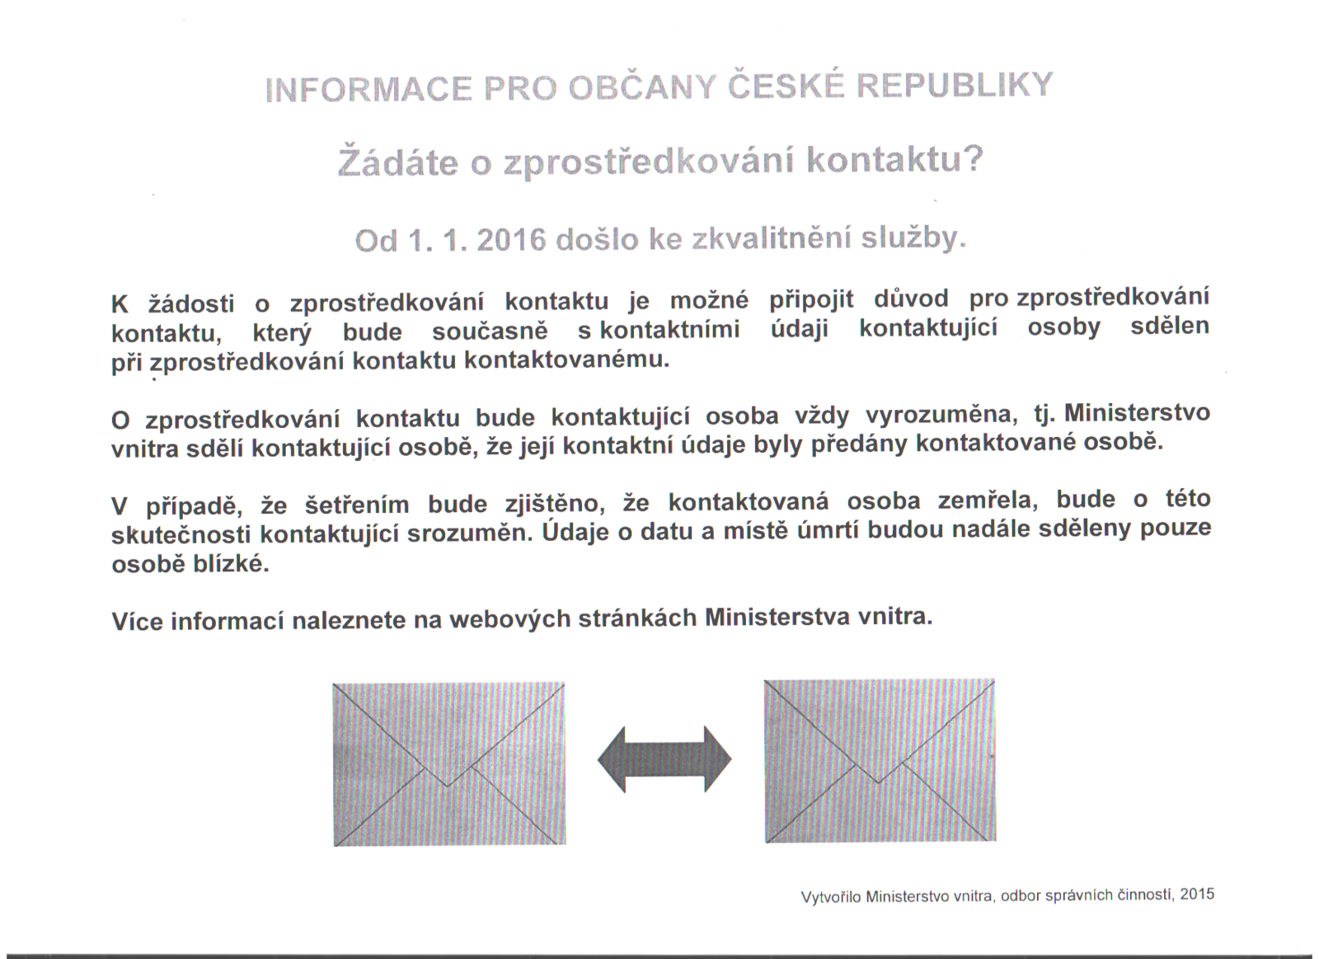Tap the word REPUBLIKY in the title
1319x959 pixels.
[957, 85]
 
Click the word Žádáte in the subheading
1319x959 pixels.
[397, 161]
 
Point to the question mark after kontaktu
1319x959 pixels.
[974, 158]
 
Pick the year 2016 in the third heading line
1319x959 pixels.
[511, 240]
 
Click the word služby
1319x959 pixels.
[913, 237]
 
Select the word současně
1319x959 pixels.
[489, 331]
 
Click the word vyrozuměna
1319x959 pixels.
[932, 415]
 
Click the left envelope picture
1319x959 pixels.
[449, 764]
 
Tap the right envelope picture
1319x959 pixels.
[880, 760]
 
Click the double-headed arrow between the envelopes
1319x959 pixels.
[664, 759]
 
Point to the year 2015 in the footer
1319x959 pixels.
[1197, 894]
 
